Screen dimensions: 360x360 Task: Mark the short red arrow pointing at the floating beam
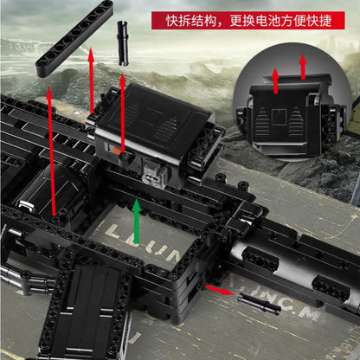(90, 61)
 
